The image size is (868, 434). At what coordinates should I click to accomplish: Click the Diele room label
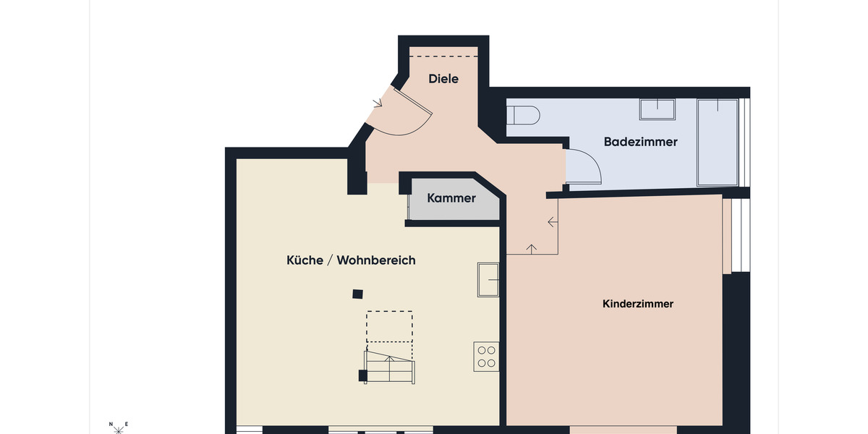[x=443, y=79]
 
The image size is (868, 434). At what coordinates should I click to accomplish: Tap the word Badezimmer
[x=640, y=142]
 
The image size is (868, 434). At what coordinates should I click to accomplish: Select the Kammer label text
[x=451, y=197]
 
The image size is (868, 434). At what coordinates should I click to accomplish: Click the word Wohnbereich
[x=376, y=260]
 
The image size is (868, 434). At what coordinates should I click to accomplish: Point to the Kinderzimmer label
[x=637, y=304]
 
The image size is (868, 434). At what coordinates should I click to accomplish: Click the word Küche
[x=305, y=260]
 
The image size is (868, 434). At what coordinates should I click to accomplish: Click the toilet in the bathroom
[x=523, y=115]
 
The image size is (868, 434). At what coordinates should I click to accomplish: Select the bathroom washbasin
[x=657, y=109]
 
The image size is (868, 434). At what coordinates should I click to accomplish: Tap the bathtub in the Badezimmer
[x=717, y=142]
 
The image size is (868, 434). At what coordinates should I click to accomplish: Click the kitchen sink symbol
[x=488, y=280]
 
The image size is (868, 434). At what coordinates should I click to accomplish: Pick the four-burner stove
[x=486, y=356]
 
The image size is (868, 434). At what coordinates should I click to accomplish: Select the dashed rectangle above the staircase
[x=389, y=326]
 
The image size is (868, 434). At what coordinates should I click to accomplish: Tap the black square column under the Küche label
[x=357, y=294]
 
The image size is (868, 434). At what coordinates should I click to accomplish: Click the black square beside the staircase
[x=362, y=375]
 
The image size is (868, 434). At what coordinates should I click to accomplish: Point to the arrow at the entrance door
[x=377, y=103]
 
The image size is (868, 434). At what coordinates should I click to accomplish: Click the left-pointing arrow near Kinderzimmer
[x=553, y=222]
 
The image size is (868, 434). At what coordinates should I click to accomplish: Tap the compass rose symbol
[x=119, y=429]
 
